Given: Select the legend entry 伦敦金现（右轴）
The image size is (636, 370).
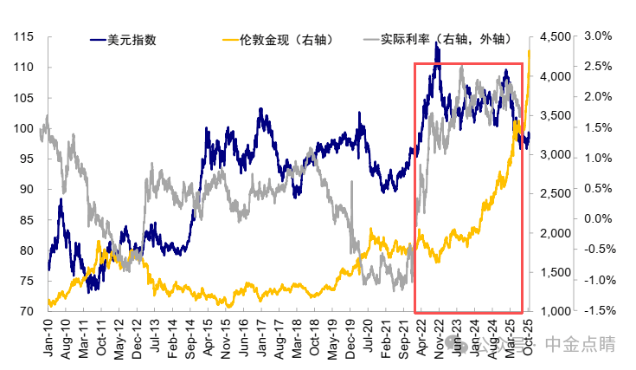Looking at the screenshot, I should [x=277, y=39].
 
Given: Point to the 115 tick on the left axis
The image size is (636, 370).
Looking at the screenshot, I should [x=22, y=36].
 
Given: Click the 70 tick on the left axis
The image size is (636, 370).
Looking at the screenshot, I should [x=26, y=311].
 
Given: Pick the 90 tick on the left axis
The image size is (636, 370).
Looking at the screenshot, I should [x=26, y=189].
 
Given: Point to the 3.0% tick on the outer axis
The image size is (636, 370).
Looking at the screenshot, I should [x=599, y=36].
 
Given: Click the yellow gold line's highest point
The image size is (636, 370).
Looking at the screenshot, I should [x=529, y=51].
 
